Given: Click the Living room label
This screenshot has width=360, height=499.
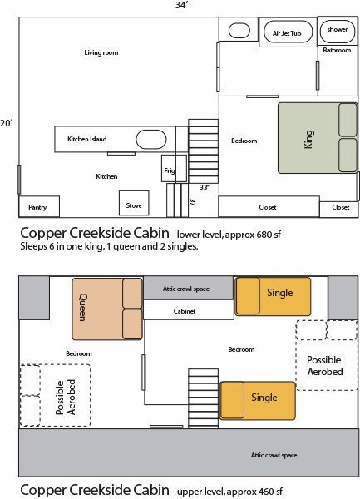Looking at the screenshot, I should [x=101, y=52].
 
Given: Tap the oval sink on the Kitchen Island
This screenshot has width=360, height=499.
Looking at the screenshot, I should [x=151, y=139].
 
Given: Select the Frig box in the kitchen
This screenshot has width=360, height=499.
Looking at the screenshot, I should [x=169, y=169].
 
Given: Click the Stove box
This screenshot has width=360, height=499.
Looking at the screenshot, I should [x=133, y=204].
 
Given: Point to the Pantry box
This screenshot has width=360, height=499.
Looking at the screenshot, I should [x=37, y=206].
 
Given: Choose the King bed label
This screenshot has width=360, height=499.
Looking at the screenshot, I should [x=308, y=138].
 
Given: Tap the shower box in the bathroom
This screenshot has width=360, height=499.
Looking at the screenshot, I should [x=337, y=30].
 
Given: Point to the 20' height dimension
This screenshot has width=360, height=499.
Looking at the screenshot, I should [x=7, y=122].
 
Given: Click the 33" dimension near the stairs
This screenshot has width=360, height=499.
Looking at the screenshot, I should [x=203, y=187].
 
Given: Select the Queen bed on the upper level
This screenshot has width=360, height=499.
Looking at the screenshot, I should [x=106, y=308].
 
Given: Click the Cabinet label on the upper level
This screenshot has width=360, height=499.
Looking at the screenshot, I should [x=185, y=311].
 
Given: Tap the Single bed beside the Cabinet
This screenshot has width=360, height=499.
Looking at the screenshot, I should [x=273, y=296].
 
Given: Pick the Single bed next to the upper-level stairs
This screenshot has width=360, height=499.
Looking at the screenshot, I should [x=258, y=399].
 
